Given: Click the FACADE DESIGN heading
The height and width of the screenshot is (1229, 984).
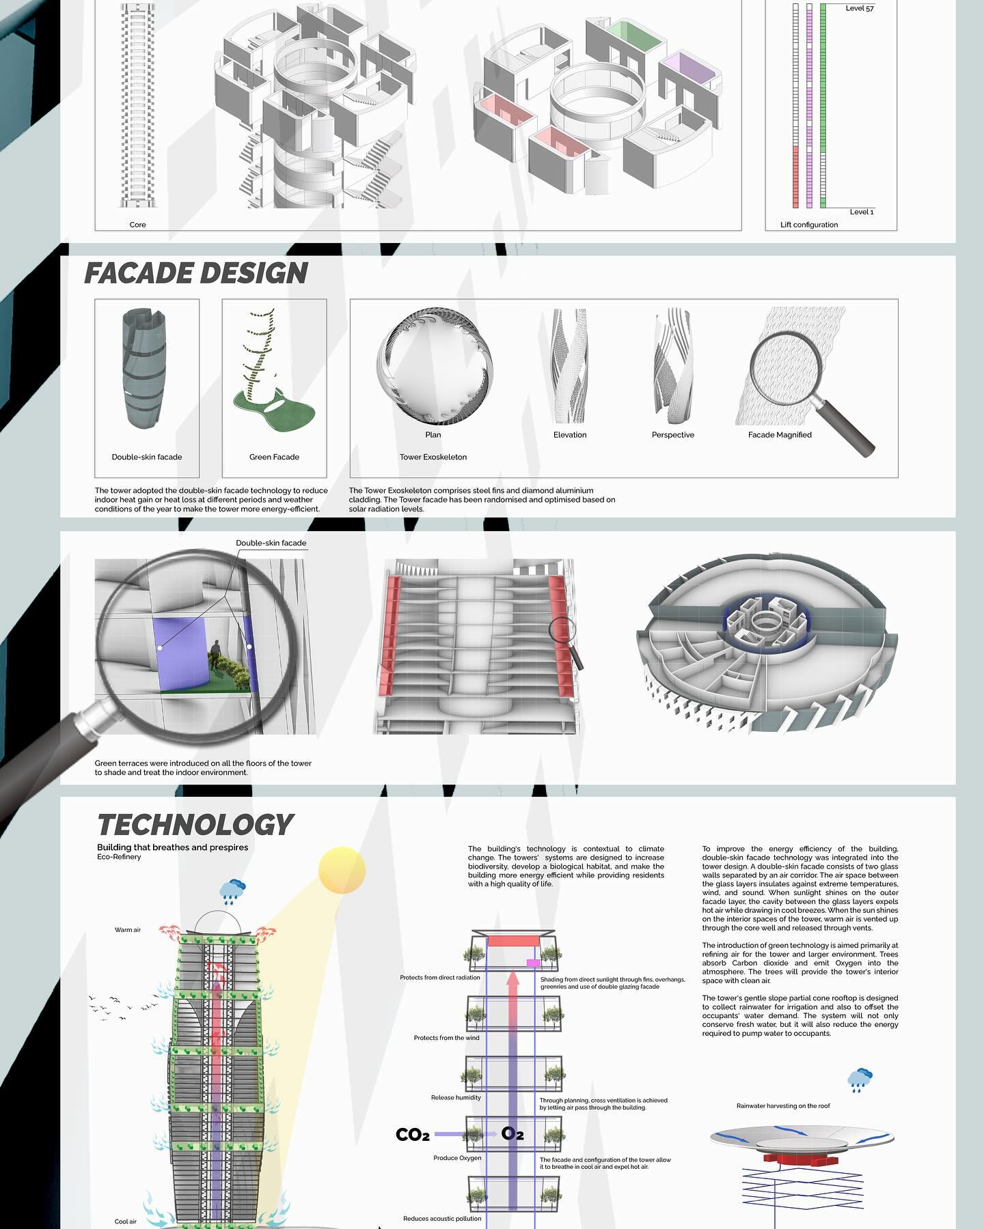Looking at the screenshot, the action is coord(196,273).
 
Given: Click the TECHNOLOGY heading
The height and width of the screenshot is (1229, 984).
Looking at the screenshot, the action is coord(195,825).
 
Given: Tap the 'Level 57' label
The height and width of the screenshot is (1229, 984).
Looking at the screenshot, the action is coord(860,8).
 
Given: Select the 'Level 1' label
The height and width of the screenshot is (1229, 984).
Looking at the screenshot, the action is coord(862,212).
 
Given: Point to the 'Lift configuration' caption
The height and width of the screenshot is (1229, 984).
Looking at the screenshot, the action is coord(809,225).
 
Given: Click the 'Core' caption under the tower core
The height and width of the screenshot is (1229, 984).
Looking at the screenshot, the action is coord(138,225).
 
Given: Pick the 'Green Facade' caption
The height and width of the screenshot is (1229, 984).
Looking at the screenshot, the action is coord(274,457).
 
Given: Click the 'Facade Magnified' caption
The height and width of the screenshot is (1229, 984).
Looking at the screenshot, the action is coord(780,435).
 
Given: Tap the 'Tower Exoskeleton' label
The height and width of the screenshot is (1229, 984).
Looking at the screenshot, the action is coord(433,457).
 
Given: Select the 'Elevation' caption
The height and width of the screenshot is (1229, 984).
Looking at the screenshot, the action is coord(570,435).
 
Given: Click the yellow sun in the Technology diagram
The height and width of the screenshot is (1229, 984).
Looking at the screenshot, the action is coord(342,871).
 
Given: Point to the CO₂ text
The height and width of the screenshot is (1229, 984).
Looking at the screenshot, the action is coord(413,1135).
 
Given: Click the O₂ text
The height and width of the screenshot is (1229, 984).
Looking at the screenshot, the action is coord(512,1134).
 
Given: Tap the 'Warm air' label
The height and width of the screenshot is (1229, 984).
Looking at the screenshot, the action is coord(128,930).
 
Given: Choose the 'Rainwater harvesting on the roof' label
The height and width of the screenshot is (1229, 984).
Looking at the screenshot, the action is coord(783,1105).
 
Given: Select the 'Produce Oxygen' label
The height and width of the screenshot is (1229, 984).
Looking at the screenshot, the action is coord(457,1158).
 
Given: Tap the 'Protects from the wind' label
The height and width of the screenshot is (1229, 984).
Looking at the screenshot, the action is coord(447,1038).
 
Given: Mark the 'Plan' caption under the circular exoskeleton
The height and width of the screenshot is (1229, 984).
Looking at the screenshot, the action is coord(433,435).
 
